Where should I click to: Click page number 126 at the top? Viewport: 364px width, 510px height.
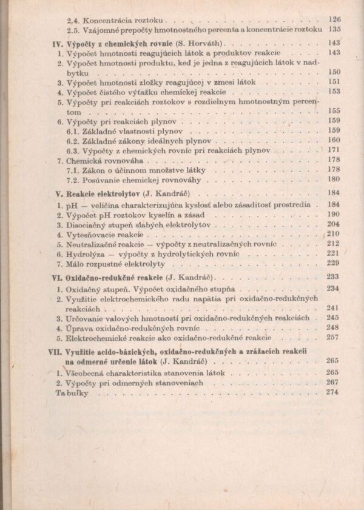click(334, 19)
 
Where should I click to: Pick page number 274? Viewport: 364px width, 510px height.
click(333, 392)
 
